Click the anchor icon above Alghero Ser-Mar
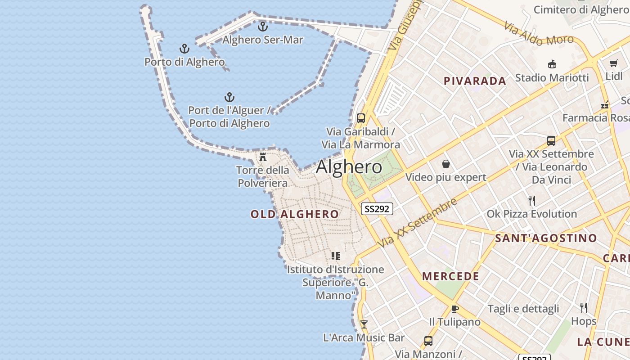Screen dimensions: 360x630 262,27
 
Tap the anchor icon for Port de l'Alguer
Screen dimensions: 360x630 229,97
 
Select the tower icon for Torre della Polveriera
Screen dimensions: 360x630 263,157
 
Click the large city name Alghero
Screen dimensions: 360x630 349,167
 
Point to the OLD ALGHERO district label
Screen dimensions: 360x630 295,214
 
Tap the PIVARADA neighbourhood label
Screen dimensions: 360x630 475,81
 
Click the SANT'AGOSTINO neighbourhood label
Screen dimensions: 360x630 546,238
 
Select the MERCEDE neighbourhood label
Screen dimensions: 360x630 450,276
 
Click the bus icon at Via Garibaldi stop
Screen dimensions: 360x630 361,118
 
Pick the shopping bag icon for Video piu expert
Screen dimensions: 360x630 446,164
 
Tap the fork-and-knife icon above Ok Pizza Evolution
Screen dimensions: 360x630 532,200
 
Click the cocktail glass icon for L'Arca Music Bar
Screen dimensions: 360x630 364,324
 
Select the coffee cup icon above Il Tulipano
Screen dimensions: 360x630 455,309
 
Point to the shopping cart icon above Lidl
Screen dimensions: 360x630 614,63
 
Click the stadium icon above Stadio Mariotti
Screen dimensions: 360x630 552,64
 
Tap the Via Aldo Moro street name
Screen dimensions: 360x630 539,34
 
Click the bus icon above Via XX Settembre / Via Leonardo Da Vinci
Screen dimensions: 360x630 551,141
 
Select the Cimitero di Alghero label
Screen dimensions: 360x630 580,9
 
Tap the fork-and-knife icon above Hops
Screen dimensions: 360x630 584,308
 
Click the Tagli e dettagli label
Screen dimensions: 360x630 523,309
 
